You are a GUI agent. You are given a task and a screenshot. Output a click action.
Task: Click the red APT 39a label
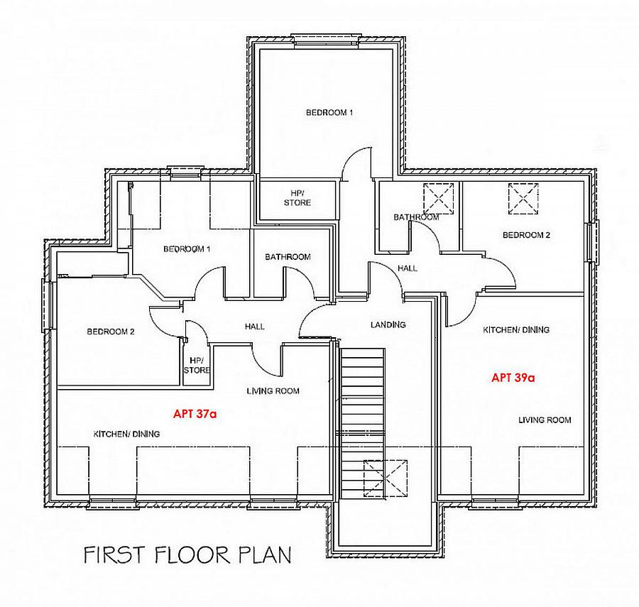(x=513, y=378)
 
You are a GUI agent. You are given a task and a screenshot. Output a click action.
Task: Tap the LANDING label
(x=388, y=325)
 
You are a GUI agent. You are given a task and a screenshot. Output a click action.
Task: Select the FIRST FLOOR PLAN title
(x=187, y=554)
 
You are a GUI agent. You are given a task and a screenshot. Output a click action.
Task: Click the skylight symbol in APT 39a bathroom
(x=438, y=197)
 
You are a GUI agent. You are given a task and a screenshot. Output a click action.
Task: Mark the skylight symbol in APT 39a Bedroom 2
(x=523, y=198)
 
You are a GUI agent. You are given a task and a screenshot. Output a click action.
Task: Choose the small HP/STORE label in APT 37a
(x=197, y=365)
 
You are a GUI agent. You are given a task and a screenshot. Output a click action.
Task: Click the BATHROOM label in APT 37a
(x=288, y=257)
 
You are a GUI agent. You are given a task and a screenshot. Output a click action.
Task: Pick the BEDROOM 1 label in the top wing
(x=329, y=113)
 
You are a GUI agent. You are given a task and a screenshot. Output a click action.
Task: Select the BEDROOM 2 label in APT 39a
(x=526, y=235)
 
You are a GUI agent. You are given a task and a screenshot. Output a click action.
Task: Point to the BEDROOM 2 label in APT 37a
(x=111, y=332)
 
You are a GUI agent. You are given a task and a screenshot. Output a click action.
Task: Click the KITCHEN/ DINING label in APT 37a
(x=127, y=434)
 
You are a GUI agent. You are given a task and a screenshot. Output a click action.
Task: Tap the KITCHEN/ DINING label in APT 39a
(x=516, y=330)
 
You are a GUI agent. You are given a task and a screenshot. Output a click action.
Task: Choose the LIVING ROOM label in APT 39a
(x=545, y=420)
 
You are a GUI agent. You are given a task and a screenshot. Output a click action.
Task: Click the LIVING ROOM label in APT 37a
(x=273, y=390)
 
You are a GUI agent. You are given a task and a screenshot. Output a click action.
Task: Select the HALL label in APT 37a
(x=254, y=327)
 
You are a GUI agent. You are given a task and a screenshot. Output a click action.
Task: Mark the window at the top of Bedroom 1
(x=329, y=39)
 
